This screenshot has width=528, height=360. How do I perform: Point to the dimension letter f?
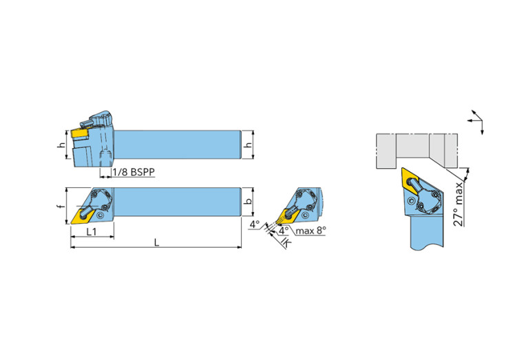[61, 206]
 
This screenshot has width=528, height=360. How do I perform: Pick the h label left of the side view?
[61, 145]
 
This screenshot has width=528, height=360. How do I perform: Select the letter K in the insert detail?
[286, 243]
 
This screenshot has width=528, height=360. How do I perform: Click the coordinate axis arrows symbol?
[476, 120]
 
